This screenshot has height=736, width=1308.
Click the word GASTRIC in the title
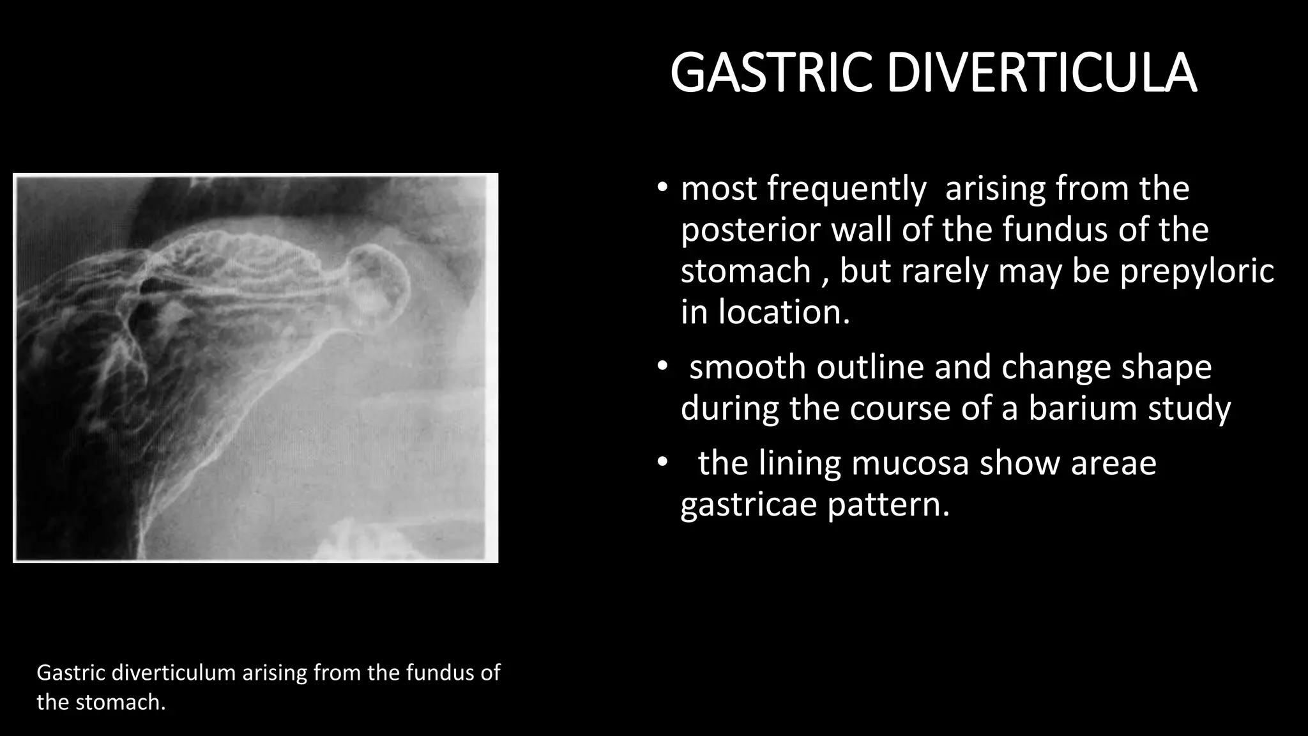tap(772, 73)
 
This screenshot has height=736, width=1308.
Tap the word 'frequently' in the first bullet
tap(846, 189)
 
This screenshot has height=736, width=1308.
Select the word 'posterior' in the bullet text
tap(750, 230)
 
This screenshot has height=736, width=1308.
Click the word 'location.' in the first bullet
tap(784, 312)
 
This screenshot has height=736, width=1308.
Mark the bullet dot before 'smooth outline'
tap(662, 367)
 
